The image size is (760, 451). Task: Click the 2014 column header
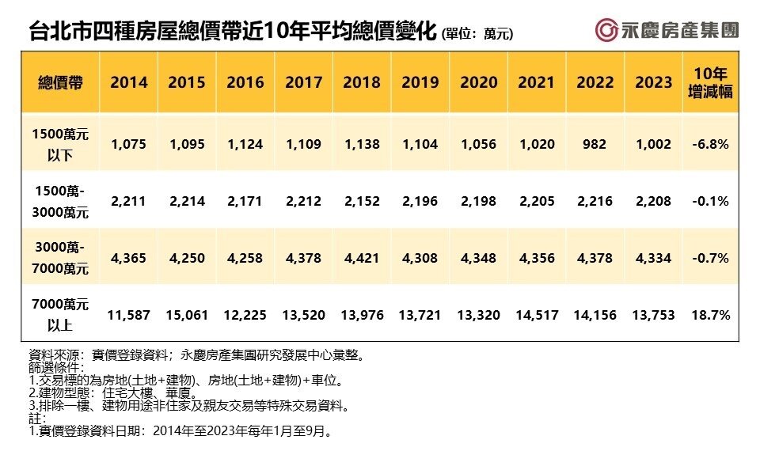coord(129,82)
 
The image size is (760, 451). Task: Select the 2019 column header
coord(420,82)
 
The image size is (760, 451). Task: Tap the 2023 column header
coord(653,82)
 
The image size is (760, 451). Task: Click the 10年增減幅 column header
coord(709,82)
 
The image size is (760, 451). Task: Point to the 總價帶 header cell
coord(61,82)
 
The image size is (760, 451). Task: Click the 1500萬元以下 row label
coord(61,144)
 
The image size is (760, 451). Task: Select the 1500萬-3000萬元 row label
coord(61,201)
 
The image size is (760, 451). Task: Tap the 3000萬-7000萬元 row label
coord(61,258)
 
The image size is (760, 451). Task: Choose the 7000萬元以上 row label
coord(61,315)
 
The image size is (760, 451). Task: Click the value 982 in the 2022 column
coord(595,144)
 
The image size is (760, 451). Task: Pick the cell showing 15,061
coord(187,315)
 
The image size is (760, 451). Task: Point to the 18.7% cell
coord(709,315)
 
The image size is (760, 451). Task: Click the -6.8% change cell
coord(709,144)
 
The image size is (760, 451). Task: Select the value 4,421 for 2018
coord(362,258)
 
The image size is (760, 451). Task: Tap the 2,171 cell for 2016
coord(245,201)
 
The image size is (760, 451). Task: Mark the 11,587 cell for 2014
coord(129,315)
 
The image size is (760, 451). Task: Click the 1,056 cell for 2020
coord(478,144)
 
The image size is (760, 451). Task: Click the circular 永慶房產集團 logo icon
coord(607,31)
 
